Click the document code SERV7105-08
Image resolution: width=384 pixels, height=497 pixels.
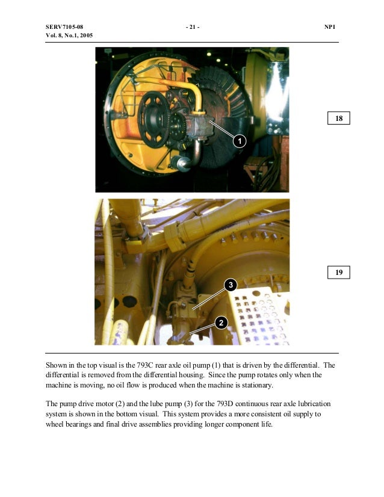coord(64,26)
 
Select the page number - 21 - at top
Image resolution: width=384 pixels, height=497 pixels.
coord(193,26)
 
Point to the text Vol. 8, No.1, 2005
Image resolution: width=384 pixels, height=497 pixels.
coord(69,36)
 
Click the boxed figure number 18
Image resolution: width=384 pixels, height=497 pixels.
coord(339,119)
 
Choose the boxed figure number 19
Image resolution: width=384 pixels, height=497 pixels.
coord(339,273)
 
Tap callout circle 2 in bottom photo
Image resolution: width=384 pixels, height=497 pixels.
coord(221,324)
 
